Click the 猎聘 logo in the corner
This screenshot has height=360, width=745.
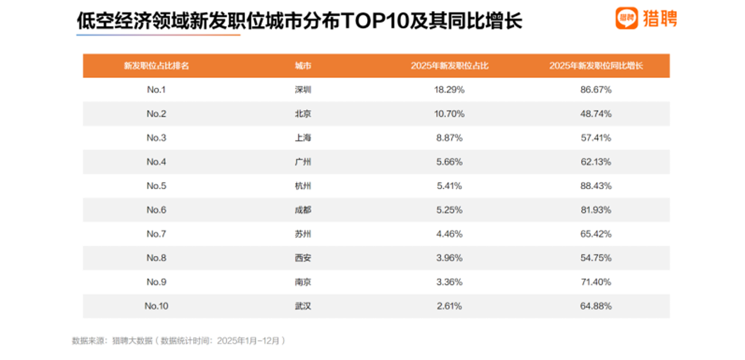coord(646,19)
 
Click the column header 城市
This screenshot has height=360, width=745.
coord(303,66)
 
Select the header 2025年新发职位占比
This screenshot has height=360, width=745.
coord(450,66)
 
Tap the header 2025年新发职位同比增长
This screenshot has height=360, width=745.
coord(596,66)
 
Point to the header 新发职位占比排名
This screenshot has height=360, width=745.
coord(157,66)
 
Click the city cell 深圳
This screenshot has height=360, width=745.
coord(303,90)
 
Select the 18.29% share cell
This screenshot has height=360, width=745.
coord(450,90)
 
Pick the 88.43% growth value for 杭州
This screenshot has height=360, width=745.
coord(596,186)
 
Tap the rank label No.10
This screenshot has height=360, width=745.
coord(157,306)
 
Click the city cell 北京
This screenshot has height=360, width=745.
coord(303,114)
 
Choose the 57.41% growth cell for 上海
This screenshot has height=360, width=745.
coord(596,138)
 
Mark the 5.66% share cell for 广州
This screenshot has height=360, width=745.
coord(450,162)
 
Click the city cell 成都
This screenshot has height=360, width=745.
coord(303,210)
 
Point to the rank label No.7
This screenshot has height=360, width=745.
coord(157,234)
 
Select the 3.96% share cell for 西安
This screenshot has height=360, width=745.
coord(450,258)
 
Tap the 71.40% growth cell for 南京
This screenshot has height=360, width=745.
coord(596,282)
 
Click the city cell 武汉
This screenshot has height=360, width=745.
coord(303,306)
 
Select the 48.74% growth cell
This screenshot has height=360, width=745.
coord(596,114)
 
